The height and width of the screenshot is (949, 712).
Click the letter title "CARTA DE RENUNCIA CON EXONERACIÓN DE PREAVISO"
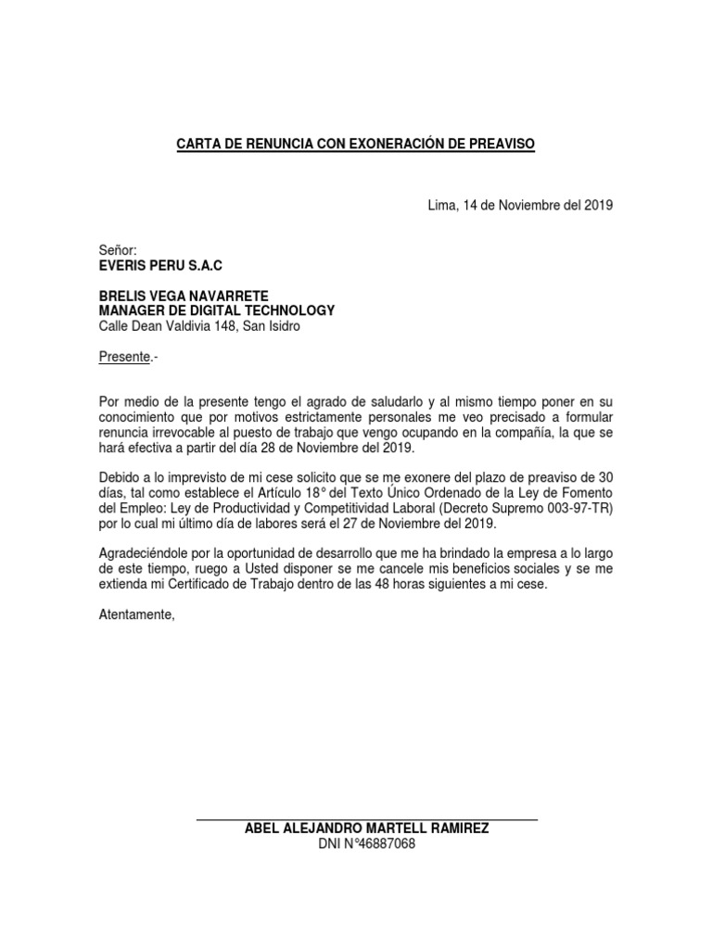point(356,145)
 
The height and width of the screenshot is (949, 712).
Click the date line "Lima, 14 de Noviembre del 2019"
point(520,205)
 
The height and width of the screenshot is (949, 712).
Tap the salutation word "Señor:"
point(118,250)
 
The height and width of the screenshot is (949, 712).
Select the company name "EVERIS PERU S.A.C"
point(160,265)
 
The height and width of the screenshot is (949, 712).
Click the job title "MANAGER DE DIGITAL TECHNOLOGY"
point(217,310)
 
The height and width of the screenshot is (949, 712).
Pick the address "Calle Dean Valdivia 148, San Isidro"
point(199,325)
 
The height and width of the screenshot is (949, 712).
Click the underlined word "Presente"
point(124,356)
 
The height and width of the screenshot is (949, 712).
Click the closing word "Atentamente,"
point(136,614)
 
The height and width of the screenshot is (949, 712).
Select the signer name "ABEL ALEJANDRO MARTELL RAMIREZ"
point(366,829)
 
